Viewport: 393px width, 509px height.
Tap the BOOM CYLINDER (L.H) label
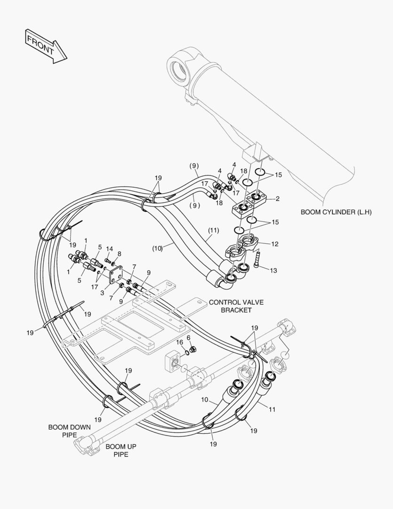click(336, 212)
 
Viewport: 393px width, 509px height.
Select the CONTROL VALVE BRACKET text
click(230, 306)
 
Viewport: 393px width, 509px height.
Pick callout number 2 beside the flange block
click(278, 198)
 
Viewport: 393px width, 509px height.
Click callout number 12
click(275, 244)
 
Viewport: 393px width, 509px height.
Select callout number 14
click(109, 248)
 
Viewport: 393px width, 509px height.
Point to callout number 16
click(179, 342)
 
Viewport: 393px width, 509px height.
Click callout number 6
click(188, 338)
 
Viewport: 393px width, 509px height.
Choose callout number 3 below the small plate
click(102, 292)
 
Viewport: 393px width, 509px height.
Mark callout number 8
click(119, 254)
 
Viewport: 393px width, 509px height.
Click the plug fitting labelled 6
click(192, 349)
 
